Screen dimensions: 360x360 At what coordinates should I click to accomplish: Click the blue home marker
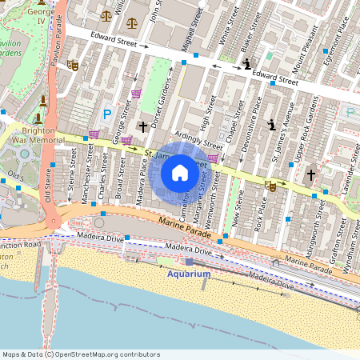(x=180, y=172)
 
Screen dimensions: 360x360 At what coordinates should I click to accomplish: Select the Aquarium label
(x=189, y=274)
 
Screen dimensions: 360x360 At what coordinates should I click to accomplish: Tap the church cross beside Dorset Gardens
(x=143, y=126)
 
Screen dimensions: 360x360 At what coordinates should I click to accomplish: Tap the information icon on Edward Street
(x=247, y=63)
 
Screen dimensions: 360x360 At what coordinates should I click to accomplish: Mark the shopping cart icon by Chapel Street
(x=213, y=158)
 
